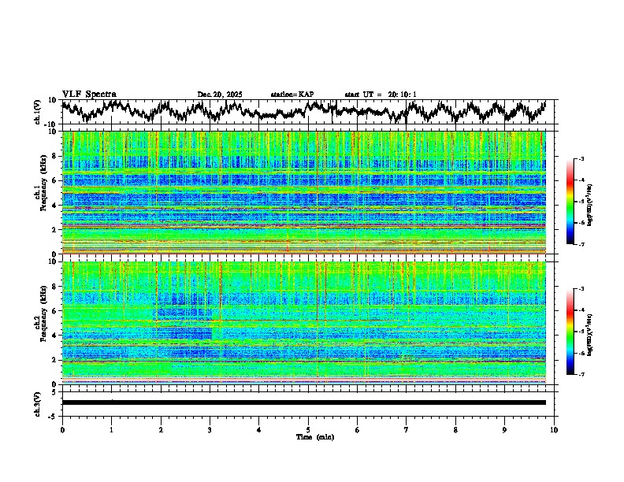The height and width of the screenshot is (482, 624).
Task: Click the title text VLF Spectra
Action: coord(89,95)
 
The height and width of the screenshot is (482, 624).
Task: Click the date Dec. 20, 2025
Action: coord(220,95)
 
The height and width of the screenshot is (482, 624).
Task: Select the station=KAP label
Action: coord(292,95)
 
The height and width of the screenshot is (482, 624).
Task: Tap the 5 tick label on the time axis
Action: coord(308,428)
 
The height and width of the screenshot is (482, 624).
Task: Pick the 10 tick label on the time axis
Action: coord(554,428)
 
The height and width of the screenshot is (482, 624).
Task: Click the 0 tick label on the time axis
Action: coord(62,428)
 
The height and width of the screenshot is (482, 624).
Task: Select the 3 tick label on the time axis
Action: coord(210,428)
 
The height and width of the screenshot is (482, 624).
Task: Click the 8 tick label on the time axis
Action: coord(455,428)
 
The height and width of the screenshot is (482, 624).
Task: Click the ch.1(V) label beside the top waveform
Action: coord(38,112)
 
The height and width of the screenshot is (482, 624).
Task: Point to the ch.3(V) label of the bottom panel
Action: coord(38,402)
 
